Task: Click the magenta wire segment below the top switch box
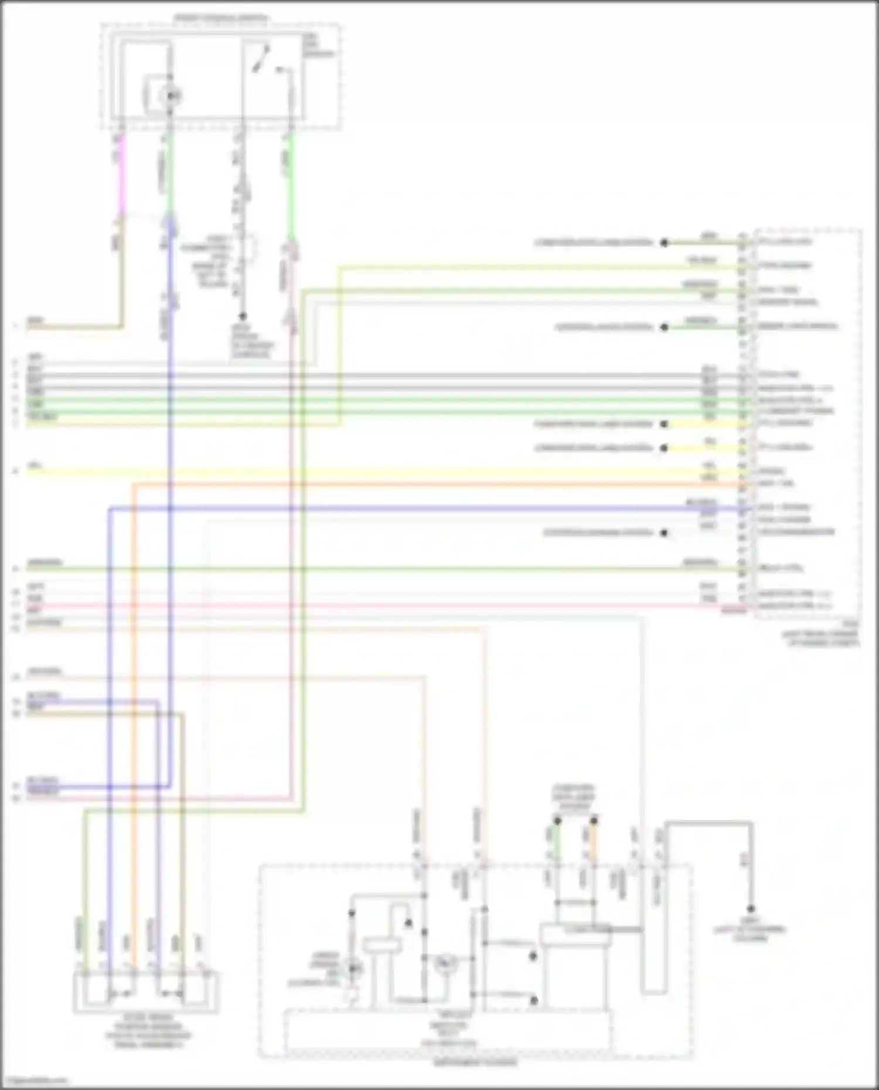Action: (121, 176)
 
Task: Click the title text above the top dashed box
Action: (221, 18)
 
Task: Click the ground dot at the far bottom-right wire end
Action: (750, 908)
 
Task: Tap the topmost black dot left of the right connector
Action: (664, 242)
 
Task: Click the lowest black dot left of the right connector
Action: (664, 533)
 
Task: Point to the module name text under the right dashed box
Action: (820, 638)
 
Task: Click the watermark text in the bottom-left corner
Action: (35, 1081)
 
